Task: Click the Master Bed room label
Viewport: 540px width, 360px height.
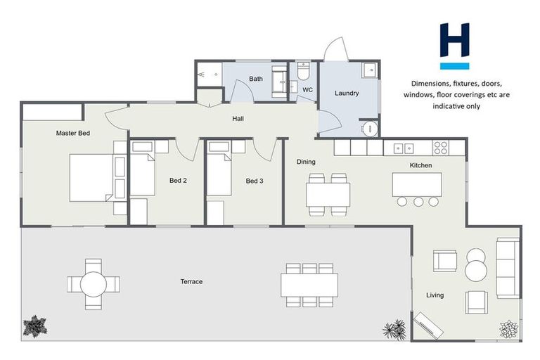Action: (x=73, y=133)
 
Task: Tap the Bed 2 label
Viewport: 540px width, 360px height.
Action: (x=178, y=181)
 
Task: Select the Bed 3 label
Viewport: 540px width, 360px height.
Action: (x=255, y=181)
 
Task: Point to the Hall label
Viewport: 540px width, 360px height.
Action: (x=238, y=119)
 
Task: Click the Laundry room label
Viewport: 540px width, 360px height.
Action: (x=347, y=93)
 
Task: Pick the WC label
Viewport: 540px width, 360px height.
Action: (x=307, y=90)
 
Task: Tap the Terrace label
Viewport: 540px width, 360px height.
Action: (x=191, y=282)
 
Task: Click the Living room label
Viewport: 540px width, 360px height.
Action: (x=435, y=295)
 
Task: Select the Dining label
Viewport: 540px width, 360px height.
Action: (x=306, y=162)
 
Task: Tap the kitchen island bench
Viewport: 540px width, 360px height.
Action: (x=418, y=184)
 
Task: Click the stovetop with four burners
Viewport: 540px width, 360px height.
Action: (x=441, y=148)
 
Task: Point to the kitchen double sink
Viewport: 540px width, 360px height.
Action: (x=403, y=148)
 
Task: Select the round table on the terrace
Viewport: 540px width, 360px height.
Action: (x=94, y=284)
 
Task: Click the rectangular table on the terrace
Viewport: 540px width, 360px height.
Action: (x=309, y=285)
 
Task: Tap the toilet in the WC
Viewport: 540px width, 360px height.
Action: (x=304, y=72)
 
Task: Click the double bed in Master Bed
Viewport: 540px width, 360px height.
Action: (x=95, y=177)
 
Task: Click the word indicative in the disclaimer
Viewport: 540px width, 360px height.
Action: (x=418, y=105)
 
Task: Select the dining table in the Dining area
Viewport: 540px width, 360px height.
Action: (x=328, y=193)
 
